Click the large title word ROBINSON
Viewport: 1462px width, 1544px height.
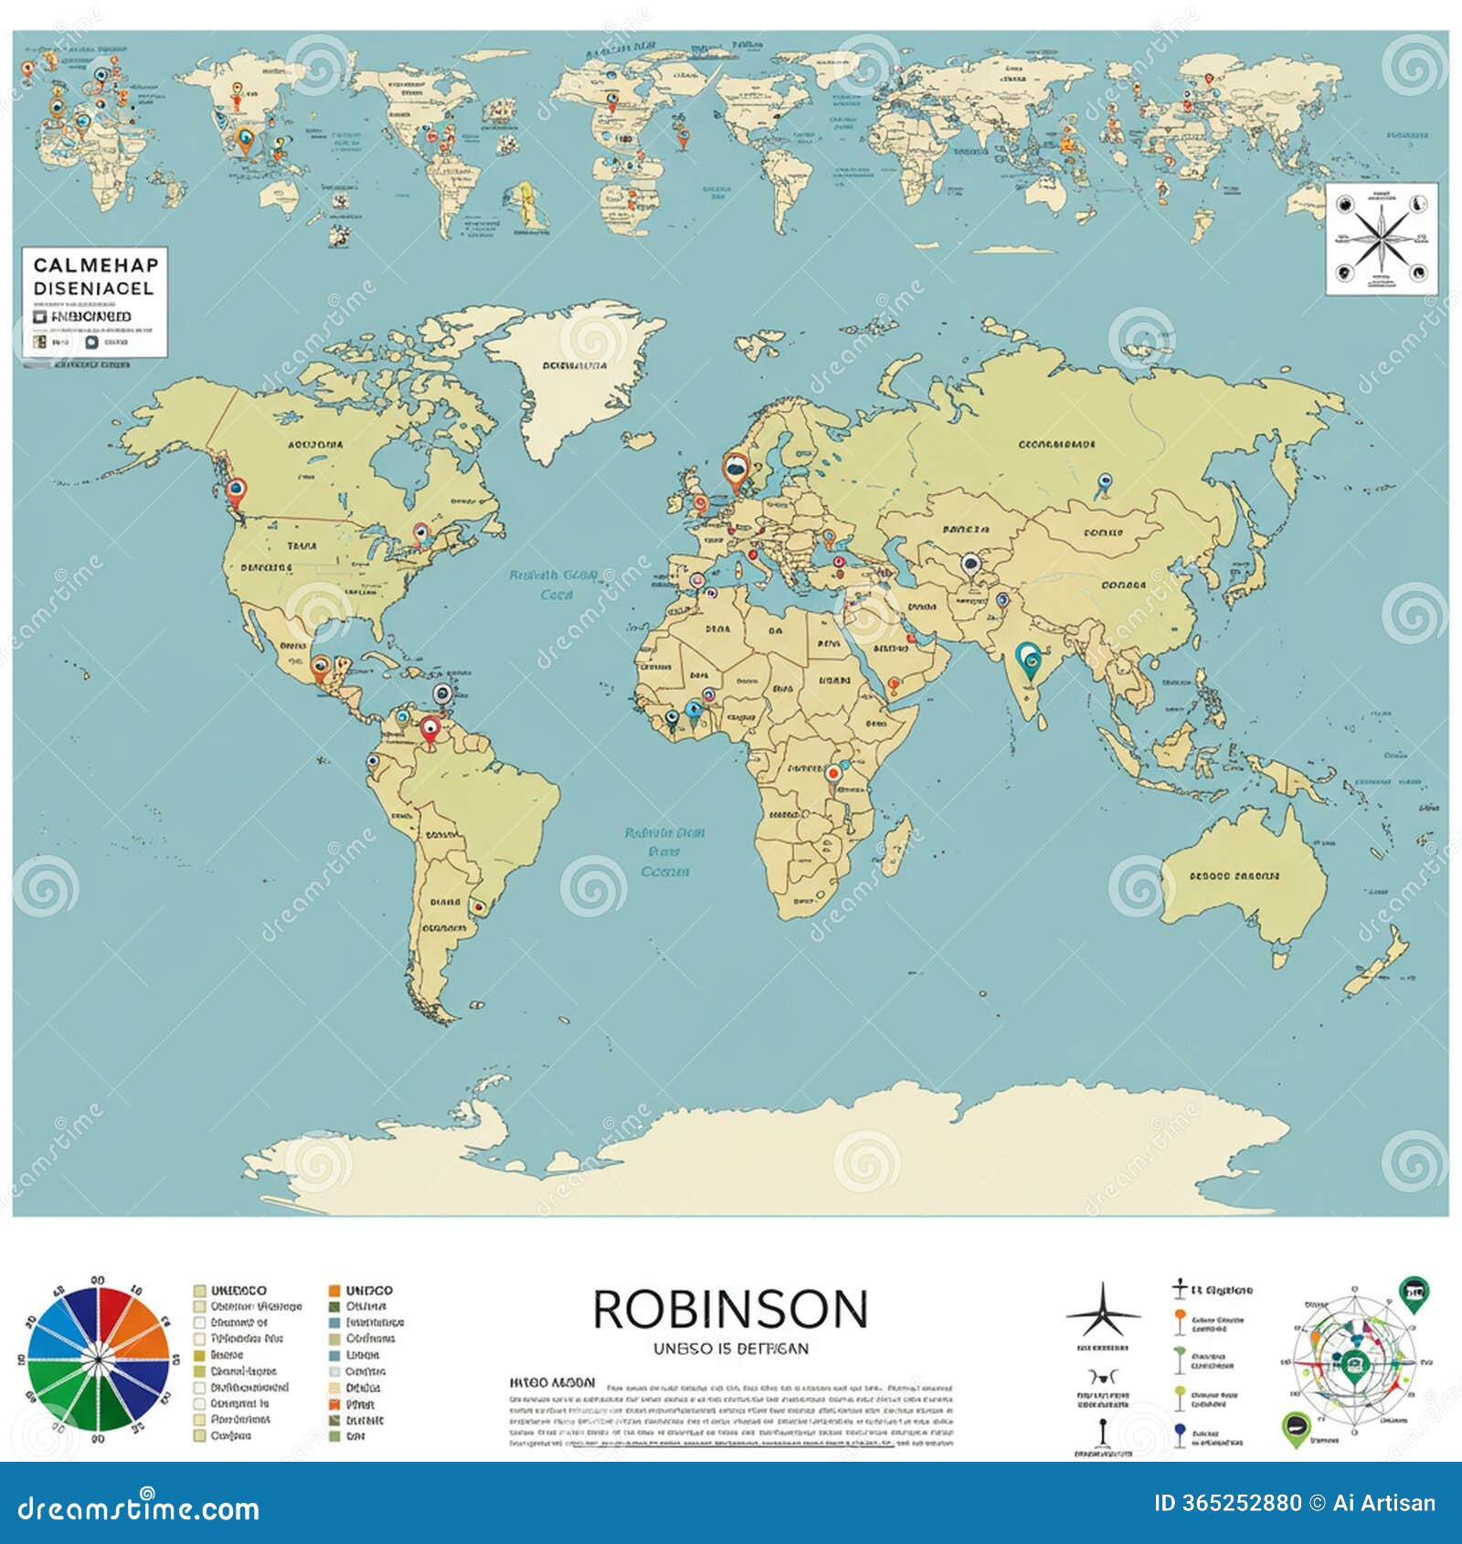[x=730, y=1309]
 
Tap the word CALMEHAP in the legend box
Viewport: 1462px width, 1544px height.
[x=95, y=265]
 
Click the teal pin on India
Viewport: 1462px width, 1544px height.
[x=1029, y=658]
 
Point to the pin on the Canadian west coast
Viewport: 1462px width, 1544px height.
[x=237, y=491]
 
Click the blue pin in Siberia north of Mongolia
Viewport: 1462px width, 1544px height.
[x=1104, y=481]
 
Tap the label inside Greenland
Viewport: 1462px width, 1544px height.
[x=574, y=365]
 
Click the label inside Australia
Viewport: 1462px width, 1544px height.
[x=1234, y=876]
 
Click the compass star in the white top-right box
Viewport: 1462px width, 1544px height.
[x=1381, y=239]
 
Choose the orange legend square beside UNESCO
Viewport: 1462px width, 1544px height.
[x=334, y=1291]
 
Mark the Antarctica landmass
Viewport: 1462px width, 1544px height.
[x=822, y=1151]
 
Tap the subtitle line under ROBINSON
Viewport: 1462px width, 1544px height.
[x=730, y=1348]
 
